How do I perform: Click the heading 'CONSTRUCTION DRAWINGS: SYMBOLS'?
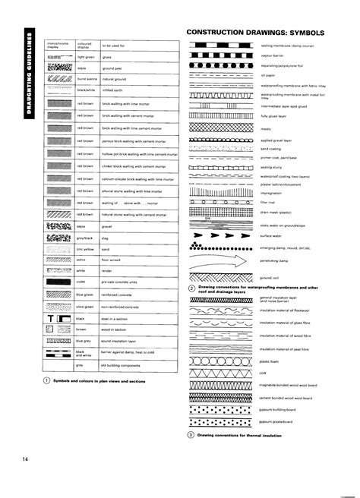pyautogui.click(x=256, y=34)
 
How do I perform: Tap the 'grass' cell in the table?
pyautogui.click(x=107, y=57)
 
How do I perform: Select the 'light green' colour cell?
pyautogui.click(x=86, y=57)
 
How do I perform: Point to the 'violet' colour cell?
pyautogui.click(x=81, y=280)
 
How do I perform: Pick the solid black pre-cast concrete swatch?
pyautogui.click(x=58, y=280)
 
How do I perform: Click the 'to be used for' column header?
pyautogui.click(x=113, y=46)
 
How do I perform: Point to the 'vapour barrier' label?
pyautogui.click(x=272, y=55)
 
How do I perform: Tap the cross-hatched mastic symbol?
pyautogui.click(x=223, y=128)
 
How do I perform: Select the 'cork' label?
pyautogui.click(x=264, y=373)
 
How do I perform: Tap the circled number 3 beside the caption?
pyautogui.click(x=191, y=435)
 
